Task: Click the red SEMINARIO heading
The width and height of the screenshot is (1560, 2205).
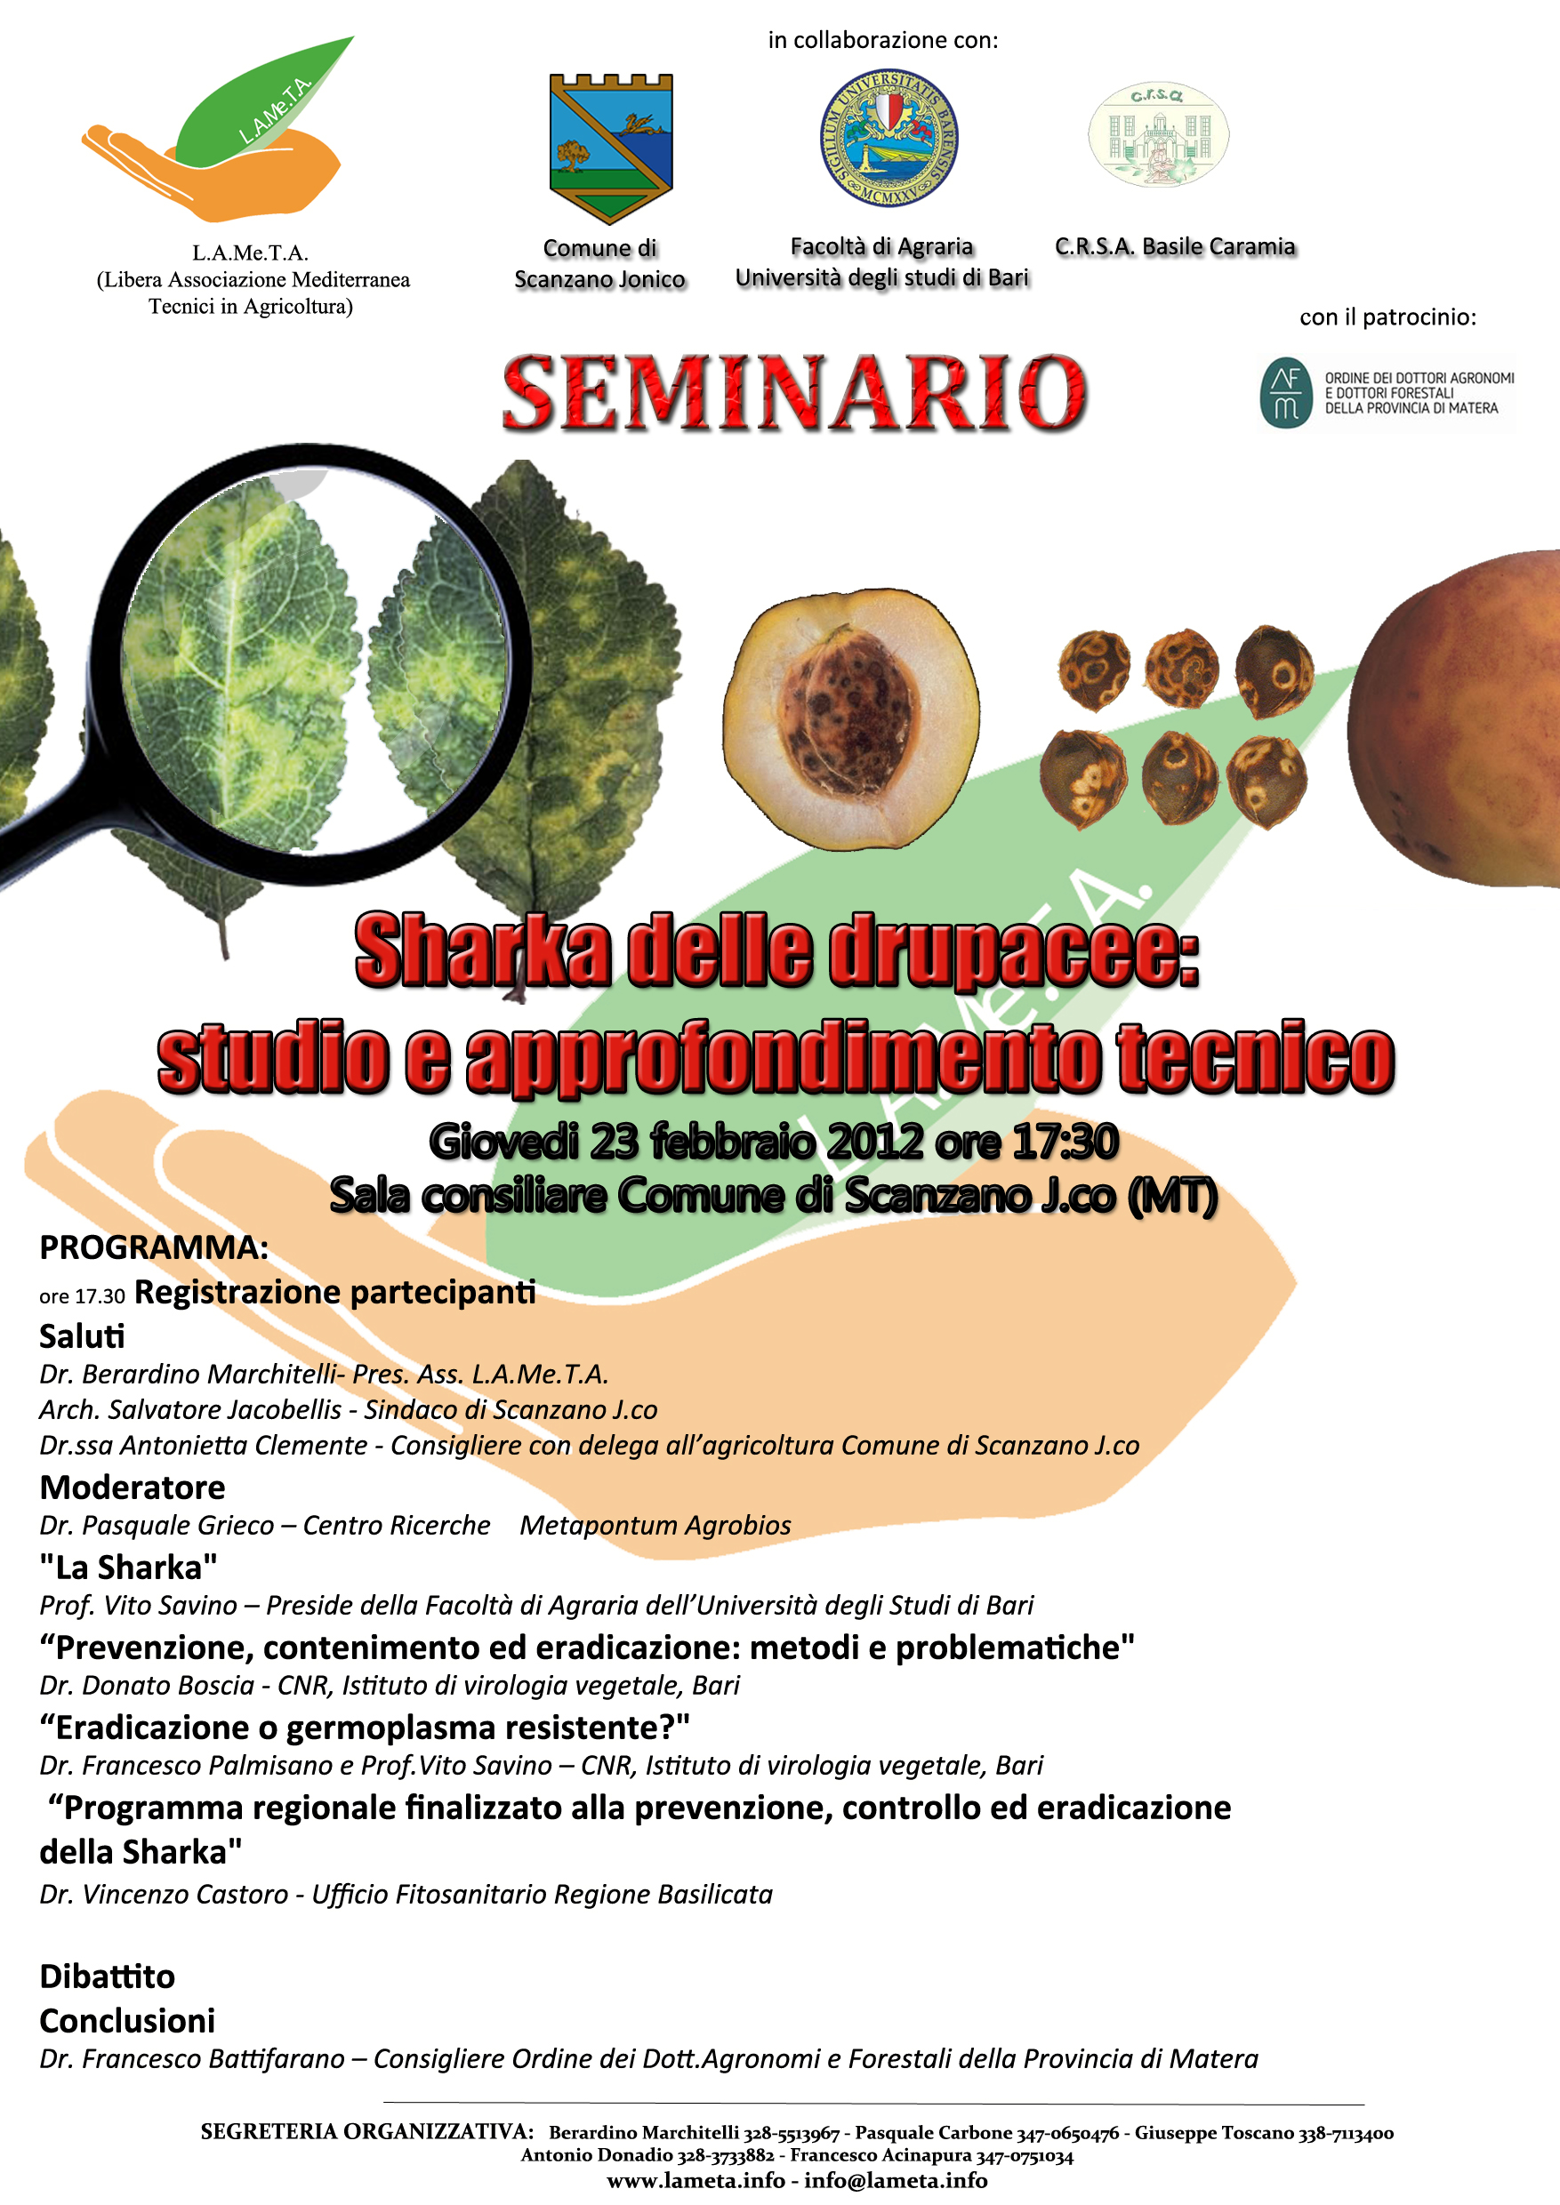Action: (794, 392)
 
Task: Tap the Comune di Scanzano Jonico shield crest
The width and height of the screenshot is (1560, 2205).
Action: (611, 148)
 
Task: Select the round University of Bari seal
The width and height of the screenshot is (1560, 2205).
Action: (889, 136)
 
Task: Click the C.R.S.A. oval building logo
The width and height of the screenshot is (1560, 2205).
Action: (1159, 134)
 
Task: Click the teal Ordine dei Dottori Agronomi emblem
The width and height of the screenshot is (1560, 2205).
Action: (1286, 393)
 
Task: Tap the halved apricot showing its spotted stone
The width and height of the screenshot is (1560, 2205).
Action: (851, 718)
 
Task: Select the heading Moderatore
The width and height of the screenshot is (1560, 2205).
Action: (133, 1487)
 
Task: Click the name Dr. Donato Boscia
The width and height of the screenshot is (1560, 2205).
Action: (147, 1686)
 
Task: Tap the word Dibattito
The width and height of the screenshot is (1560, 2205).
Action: (108, 1976)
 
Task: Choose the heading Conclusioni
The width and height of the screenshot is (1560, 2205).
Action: (127, 2021)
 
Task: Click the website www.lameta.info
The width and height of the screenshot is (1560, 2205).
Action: (696, 2180)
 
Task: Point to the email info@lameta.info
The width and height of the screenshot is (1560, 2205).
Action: (896, 2180)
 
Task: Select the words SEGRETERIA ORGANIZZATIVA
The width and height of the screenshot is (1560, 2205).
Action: (367, 2132)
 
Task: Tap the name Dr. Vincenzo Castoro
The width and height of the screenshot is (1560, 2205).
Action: (164, 1894)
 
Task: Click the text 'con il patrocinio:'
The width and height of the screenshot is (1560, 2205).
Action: (1388, 317)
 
